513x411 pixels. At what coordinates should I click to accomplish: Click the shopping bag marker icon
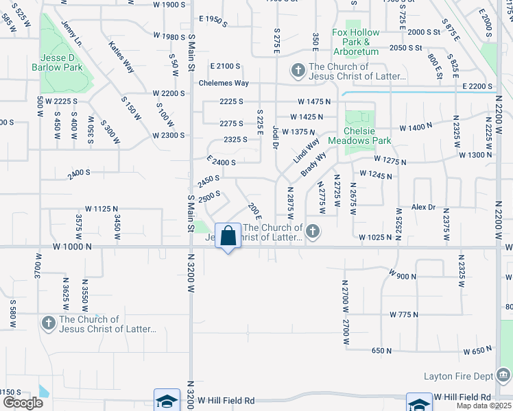(x=228, y=236)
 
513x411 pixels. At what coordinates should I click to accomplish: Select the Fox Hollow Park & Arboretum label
(x=355, y=42)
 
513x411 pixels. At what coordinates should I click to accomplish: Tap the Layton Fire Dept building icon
(x=503, y=375)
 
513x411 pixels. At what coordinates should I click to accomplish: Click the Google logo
(x=23, y=403)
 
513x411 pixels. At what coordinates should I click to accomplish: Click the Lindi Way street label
(x=307, y=151)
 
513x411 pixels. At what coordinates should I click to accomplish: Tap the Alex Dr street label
(x=423, y=207)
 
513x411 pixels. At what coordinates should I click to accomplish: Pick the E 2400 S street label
(x=221, y=163)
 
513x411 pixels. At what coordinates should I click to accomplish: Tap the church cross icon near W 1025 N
(x=313, y=231)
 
